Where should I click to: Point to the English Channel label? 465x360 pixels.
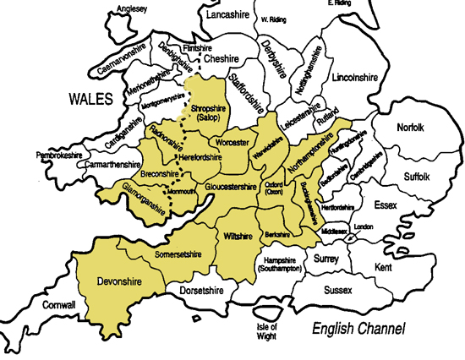358,328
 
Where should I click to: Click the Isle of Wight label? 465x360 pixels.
267,330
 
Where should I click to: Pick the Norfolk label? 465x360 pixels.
413,128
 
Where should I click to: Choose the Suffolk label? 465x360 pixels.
419,176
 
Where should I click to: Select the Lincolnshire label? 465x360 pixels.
354,77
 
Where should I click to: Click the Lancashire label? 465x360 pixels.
230,15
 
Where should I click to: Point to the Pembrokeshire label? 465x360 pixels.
62,155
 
